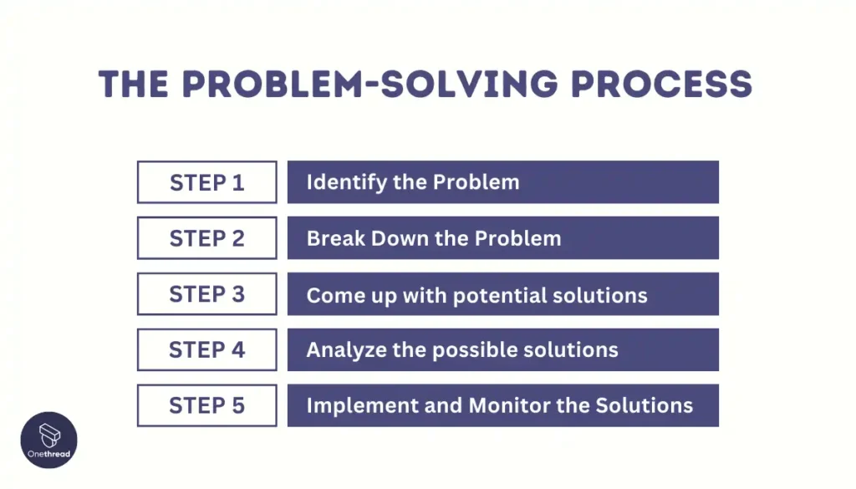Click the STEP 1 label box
click(206, 182)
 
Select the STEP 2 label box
click(206, 238)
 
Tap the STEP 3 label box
click(206, 294)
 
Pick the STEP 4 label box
click(206, 350)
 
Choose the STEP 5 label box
click(206, 406)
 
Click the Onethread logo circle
click(48, 441)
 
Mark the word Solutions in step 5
click(644, 406)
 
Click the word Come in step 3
click(333, 294)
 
